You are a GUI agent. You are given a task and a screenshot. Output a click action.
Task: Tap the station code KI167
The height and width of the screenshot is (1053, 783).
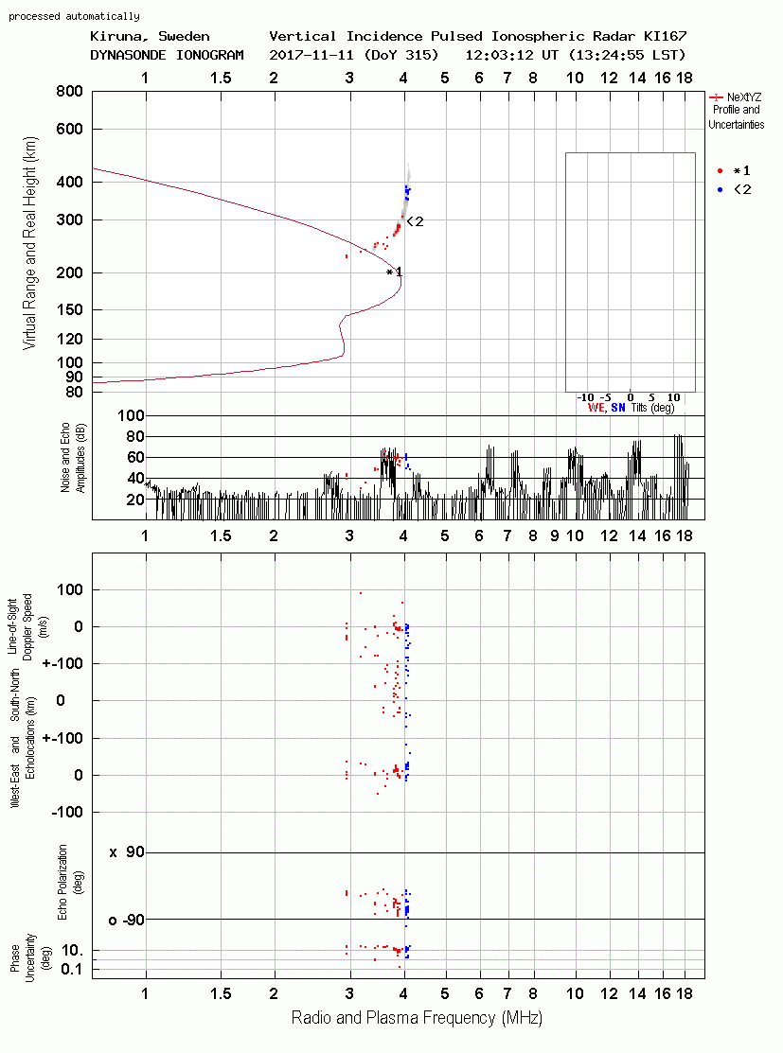tap(665, 36)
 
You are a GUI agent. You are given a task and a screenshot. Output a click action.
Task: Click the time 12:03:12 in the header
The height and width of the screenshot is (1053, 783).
tap(498, 55)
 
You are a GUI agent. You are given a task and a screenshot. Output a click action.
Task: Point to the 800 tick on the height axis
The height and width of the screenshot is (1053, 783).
tap(70, 92)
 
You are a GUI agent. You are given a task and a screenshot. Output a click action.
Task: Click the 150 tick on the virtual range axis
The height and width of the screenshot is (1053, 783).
tap(70, 310)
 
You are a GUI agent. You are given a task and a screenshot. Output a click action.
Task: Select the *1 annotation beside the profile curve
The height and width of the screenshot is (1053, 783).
tap(395, 272)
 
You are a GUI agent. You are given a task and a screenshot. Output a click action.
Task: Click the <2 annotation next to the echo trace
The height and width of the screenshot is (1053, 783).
tap(416, 221)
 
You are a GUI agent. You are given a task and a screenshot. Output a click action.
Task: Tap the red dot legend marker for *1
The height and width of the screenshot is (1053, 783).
tap(720, 171)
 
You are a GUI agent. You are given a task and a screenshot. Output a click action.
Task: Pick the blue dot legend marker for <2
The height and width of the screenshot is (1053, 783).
tap(720, 190)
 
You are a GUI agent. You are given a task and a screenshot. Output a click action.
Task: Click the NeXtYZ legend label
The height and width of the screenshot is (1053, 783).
tap(744, 97)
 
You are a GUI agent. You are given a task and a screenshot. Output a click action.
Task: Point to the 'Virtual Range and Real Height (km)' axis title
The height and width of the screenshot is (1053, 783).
tap(29, 243)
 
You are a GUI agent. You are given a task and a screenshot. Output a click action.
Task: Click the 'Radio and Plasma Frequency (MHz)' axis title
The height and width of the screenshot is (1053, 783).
tap(417, 1018)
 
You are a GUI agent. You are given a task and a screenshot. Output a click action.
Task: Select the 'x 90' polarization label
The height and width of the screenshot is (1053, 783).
tap(127, 852)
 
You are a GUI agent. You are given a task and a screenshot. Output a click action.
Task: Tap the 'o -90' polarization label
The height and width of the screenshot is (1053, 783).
tap(126, 920)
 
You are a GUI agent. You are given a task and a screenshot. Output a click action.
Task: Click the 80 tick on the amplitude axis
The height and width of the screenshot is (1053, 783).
tap(135, 436)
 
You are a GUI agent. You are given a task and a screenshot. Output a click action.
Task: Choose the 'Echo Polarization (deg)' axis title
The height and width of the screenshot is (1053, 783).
tap(68, 883)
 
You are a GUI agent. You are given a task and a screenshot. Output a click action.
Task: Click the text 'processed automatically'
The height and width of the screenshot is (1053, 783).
tap(74, 16)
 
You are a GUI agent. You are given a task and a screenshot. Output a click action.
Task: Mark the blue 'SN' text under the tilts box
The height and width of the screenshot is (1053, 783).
tap(617, 408)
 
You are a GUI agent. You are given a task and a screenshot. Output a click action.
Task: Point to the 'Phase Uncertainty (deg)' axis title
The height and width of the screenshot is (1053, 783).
tap(29, 958)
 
